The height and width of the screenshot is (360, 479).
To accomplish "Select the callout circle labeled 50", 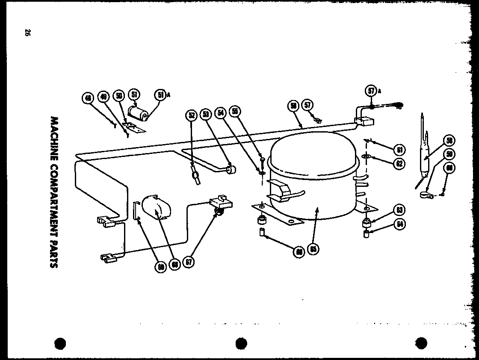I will (119, 96).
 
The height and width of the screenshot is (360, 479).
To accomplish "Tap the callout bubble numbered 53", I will (206, 114).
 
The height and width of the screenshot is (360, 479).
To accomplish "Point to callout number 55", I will (235, 111).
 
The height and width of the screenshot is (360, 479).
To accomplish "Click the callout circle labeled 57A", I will (371, 91).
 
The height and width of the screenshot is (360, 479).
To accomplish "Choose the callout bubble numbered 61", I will (399, 149).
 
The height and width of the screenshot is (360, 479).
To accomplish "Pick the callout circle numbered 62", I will (399, 163).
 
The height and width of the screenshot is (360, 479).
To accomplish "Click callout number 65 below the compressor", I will (313, 249).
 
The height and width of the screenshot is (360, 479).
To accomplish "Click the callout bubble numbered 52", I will (191, 115).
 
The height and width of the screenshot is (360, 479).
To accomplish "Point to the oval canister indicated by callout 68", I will (156, 208).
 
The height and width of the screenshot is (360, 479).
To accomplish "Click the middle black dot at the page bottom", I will (241, 343).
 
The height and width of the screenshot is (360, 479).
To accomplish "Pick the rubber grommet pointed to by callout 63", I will (366, 223).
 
